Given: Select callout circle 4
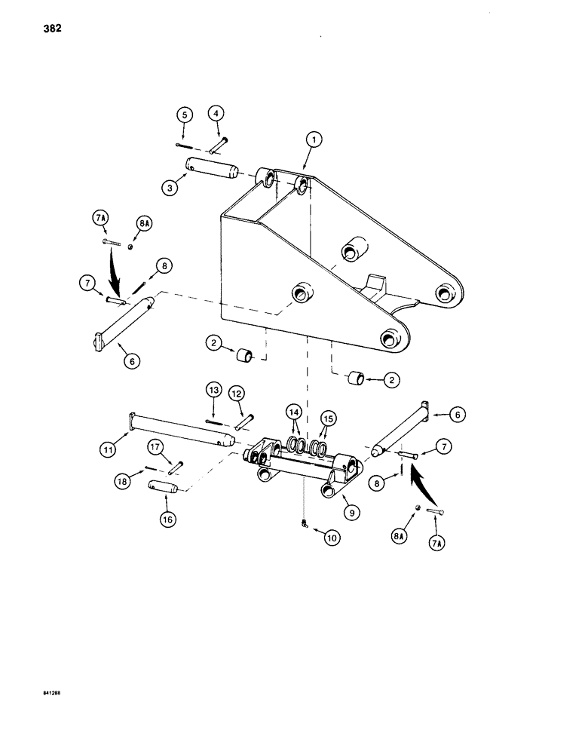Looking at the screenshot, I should (216, 115).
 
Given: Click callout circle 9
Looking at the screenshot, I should (351, 510).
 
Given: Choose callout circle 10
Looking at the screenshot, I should (331, 538).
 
